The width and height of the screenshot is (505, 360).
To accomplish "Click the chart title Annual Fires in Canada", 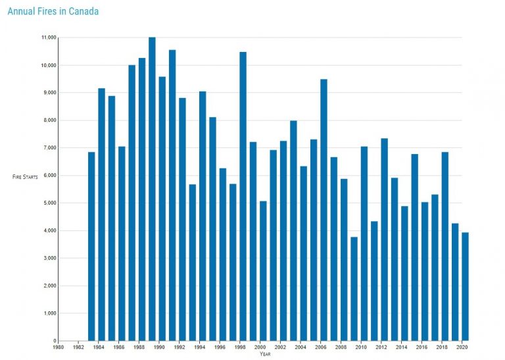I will point(53,11).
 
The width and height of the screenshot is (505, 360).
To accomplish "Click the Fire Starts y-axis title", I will point(26,177).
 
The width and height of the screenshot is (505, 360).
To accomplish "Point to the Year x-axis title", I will point(264,354).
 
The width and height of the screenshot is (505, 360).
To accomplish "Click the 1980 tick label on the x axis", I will point(58,347).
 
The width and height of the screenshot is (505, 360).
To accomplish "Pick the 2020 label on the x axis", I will point(463,347).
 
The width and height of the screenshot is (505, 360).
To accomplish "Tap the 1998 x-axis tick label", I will point(240,347).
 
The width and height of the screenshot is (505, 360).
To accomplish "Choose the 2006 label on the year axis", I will point(321,347).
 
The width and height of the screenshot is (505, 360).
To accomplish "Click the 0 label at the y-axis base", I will point(55,341).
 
